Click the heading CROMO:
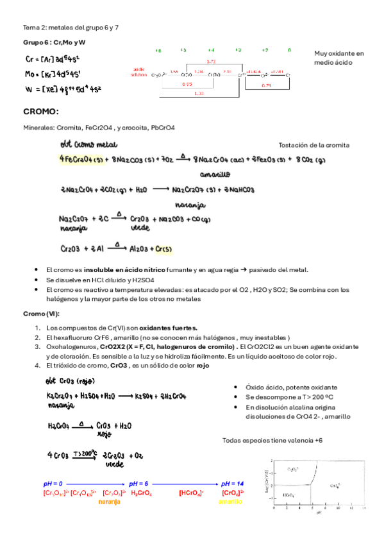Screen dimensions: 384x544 [x=41, y=112]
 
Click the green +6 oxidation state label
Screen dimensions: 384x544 [x=158, y=49]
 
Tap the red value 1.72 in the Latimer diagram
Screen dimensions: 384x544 [x=211, y=61]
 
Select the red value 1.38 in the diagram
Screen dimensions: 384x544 [x=199, y=94]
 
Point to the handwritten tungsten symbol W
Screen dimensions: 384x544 [x=28, y=88]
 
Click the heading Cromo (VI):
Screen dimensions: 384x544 [x=42, y=314]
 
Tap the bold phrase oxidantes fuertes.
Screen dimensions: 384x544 [x=169, y=328]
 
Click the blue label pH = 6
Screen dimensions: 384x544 [x=139, y=483]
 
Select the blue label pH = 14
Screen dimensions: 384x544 [x=232, y=483]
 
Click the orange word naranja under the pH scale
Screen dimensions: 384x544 [x=109, y=502]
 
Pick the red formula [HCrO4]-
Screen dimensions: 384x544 [x=191, y=493]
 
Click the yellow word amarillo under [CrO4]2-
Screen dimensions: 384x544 [x=230, y=502]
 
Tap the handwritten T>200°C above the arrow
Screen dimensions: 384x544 [x=85, y=452]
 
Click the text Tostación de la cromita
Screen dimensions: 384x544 [x=314, y=145]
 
